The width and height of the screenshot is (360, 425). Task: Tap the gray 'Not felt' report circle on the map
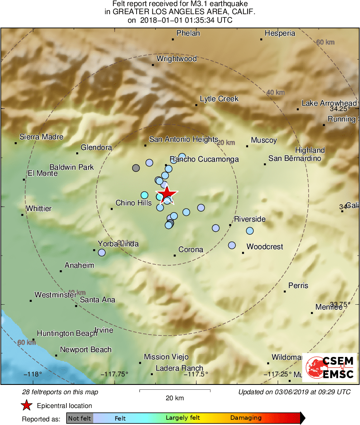[136, 168]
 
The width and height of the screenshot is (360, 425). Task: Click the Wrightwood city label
[176, 59]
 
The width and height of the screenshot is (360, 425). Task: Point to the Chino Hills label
[133, 203]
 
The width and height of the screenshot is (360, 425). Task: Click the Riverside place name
[250, 219]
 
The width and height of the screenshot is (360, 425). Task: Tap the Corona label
[191, 250]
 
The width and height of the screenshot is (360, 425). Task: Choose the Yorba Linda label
[118, 244]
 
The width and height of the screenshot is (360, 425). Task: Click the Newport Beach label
[86, 350]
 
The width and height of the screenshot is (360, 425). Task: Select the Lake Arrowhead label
[329, 103]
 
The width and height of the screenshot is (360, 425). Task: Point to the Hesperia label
[280, 34]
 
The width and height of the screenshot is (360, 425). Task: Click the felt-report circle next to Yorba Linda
[102, 253]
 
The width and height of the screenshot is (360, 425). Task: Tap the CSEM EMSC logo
[330, 367]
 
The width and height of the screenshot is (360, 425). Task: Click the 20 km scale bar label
[175, 398]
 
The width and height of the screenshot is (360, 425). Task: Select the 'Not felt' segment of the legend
[80, 418]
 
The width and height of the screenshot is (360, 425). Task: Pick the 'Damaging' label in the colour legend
[246, 418]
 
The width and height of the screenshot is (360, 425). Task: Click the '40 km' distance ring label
[275, 93]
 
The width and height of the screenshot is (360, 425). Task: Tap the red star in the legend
[27, 406]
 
